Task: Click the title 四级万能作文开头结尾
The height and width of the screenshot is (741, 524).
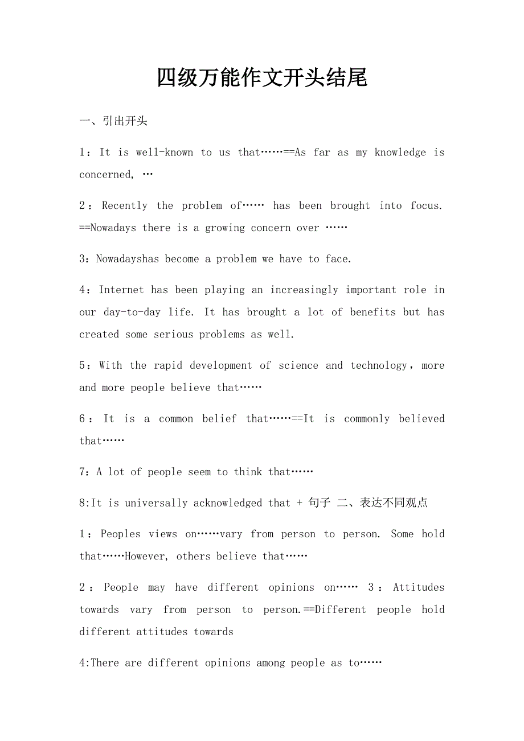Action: (262, 78)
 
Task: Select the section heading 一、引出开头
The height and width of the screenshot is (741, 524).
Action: (113, 121)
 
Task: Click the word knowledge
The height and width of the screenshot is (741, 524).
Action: (400, 153)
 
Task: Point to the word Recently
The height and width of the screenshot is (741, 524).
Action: (125, 206)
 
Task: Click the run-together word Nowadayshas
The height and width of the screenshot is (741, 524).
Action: (128, 260)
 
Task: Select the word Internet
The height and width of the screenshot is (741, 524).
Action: (121, 290)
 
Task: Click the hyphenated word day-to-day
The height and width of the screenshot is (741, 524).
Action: (132, 312)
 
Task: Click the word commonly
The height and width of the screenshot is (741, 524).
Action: (367, 419)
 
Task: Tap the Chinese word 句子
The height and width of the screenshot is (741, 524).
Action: (319, 503)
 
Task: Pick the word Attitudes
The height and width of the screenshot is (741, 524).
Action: (419, 587)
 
